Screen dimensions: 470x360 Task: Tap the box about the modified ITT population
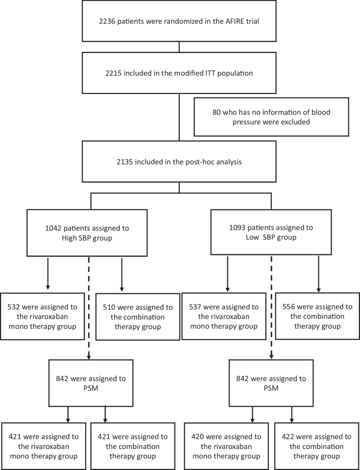click(179, 72)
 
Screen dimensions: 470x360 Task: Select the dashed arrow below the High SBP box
click(89, 305)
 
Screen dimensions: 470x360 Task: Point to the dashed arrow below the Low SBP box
click(272, 305)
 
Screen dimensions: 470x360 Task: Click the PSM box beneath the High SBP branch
click(89, 381)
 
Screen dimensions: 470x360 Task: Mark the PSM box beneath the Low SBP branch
click(269, 381)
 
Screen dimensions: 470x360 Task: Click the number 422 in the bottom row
click(286, 436)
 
